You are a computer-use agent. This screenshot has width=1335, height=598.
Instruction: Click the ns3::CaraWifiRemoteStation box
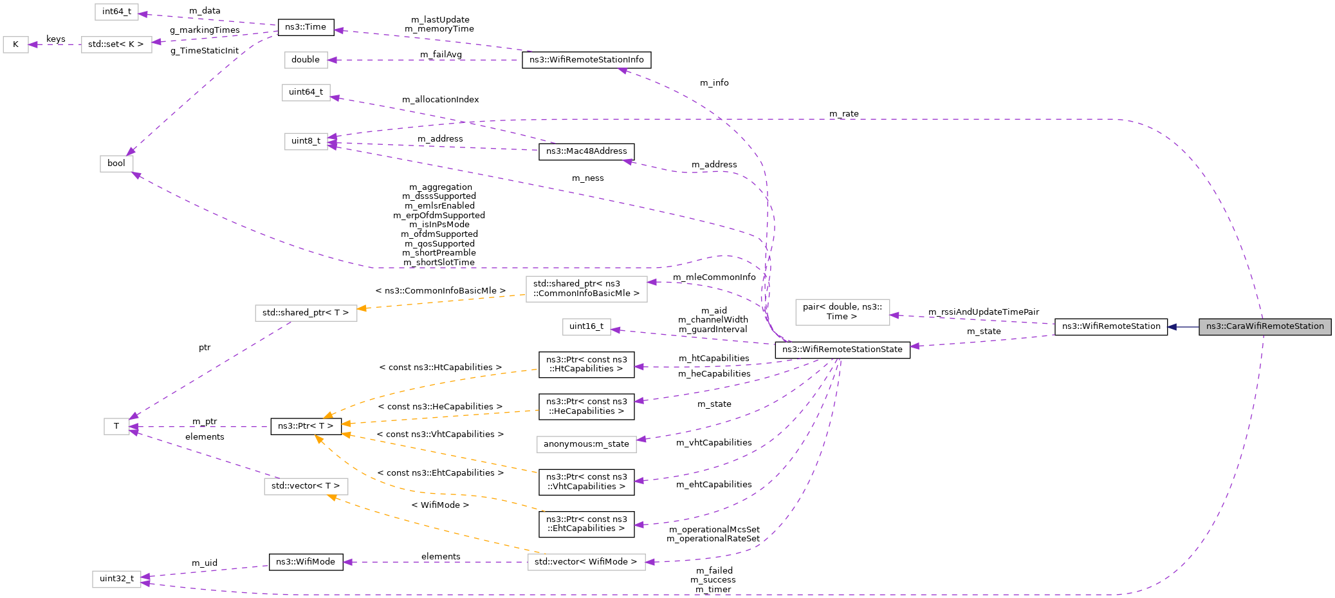click(x=1264, y=326)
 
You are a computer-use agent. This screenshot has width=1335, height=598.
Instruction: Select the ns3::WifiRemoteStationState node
click(x=842, y=350)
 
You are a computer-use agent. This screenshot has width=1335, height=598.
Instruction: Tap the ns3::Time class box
click(x=306, y=27)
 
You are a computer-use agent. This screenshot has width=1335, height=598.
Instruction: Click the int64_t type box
click(x=116, y=12)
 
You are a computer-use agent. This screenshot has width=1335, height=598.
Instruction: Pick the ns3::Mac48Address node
click(x=586, y=151)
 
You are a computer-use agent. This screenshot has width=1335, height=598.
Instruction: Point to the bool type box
click(x=116, y=164)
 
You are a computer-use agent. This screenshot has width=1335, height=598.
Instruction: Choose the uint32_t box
click(x=116, y=579)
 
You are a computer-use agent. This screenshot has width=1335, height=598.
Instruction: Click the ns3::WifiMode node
click(x=306, y=562)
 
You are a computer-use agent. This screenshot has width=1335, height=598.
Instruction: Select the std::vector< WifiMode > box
click(x=585, y=562)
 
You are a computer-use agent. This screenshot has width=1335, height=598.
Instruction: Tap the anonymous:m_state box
click(x=586, y=444)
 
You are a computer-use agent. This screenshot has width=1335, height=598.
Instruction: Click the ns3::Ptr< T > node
click(x=306, y=426)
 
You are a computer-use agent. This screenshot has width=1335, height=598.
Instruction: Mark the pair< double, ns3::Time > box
click(x=842, y=312)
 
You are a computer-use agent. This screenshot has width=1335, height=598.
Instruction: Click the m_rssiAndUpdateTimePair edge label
click(x=983, y=312)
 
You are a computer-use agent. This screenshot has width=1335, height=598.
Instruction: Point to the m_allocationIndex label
click(x=440, y=100)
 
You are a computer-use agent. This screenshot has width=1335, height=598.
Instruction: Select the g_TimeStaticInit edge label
click(x=205, y=51)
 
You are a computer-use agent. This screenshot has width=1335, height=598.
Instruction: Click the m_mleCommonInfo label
click(x=714, y=277)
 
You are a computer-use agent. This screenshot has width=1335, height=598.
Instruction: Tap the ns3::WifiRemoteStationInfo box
click(x=586, y=60)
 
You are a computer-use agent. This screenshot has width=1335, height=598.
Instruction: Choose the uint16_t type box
click(x=586, y=326)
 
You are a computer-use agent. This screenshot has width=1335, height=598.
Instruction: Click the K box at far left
click(x=15, y=44)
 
